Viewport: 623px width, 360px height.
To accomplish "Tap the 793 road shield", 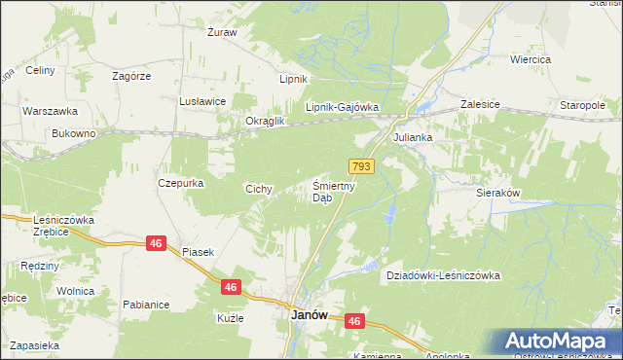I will point(362,167).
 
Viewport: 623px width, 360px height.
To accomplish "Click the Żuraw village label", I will point(223,32).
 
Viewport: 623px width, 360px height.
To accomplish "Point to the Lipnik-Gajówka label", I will point(341,108).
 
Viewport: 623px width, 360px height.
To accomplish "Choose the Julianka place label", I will point(412,138).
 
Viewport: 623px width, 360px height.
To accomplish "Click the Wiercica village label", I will point(531,59).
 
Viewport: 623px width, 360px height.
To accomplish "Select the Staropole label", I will point(583,103).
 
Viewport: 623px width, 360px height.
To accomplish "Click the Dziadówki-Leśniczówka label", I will point(443,275).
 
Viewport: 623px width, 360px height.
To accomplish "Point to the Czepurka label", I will point(178,182).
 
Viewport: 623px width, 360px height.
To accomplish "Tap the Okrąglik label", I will point(264,121).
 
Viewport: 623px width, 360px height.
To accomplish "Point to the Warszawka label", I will point(44,110).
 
